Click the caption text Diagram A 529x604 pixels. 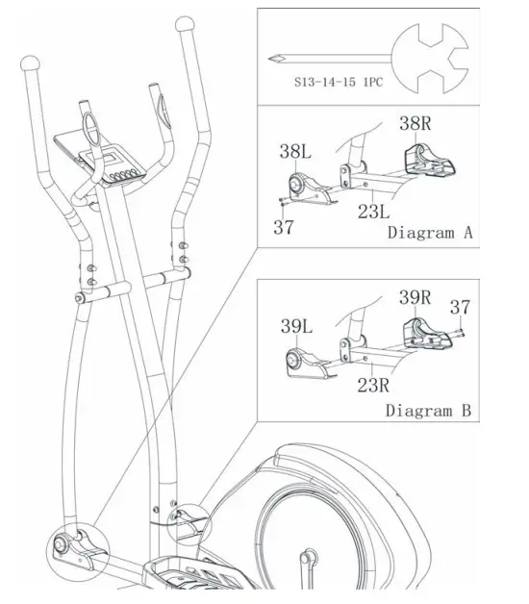coord(429,233)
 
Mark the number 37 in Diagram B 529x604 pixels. coord(462,307)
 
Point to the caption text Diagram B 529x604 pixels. coord(429,411)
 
